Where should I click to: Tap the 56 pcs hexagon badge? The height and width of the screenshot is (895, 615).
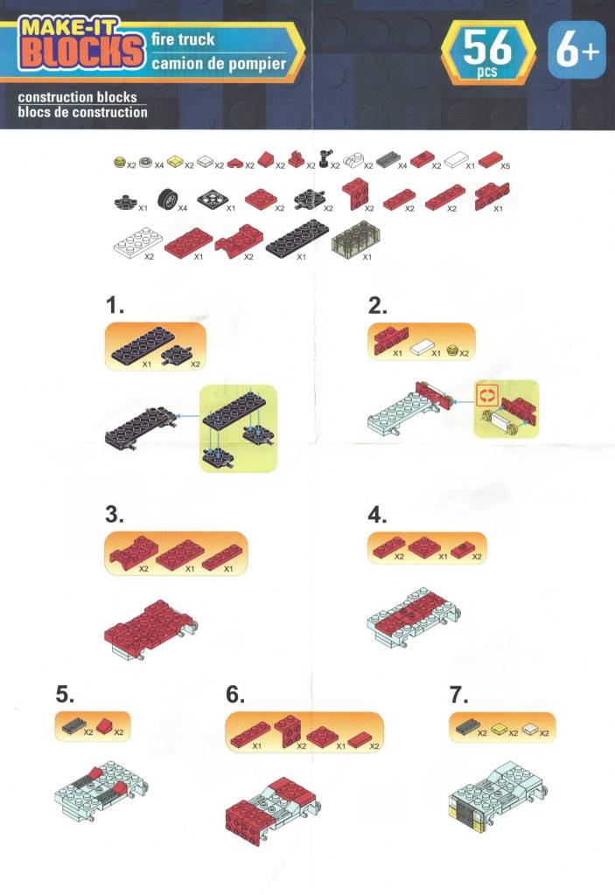(487, 52)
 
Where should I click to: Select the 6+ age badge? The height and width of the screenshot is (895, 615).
(577, 50)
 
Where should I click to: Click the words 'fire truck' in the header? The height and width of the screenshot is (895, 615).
(183, 39)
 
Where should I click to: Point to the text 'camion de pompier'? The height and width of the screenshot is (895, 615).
(219, 63)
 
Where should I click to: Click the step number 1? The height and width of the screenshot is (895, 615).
(115, 305)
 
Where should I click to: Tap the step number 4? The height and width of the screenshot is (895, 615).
(377, 515)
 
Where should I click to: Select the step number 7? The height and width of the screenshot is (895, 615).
(459, 695)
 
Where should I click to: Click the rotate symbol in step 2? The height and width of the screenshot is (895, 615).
(488, 394)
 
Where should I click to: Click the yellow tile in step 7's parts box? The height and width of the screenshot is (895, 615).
(499, 728)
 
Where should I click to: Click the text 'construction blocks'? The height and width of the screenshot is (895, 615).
(77, 97)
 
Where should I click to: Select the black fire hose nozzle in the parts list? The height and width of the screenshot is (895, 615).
(325, 158)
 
